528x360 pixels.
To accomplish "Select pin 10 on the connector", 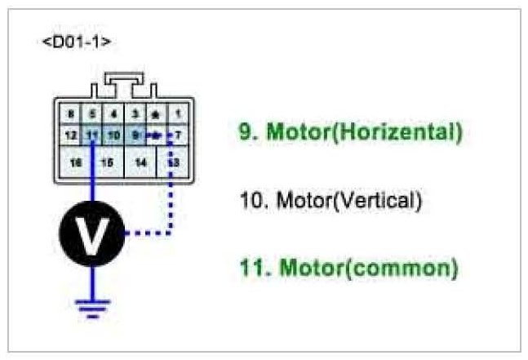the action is [x=113, y=134].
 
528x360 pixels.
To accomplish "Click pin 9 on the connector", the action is [x=135, y=134].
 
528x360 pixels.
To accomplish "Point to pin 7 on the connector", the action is [x=177, y=134].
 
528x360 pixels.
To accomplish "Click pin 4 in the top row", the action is [x=113, y=115].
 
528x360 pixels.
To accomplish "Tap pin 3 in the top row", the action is [x=135, y=115].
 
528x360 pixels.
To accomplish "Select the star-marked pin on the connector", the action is [x=156, y=115].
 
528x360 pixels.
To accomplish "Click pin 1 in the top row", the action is [x=177, y=115].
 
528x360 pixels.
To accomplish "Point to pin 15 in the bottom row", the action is [x=106, y=162].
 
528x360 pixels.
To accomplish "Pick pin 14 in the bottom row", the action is [x=140, y=162].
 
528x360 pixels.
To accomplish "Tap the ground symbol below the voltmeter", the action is [x=92, y=306].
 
